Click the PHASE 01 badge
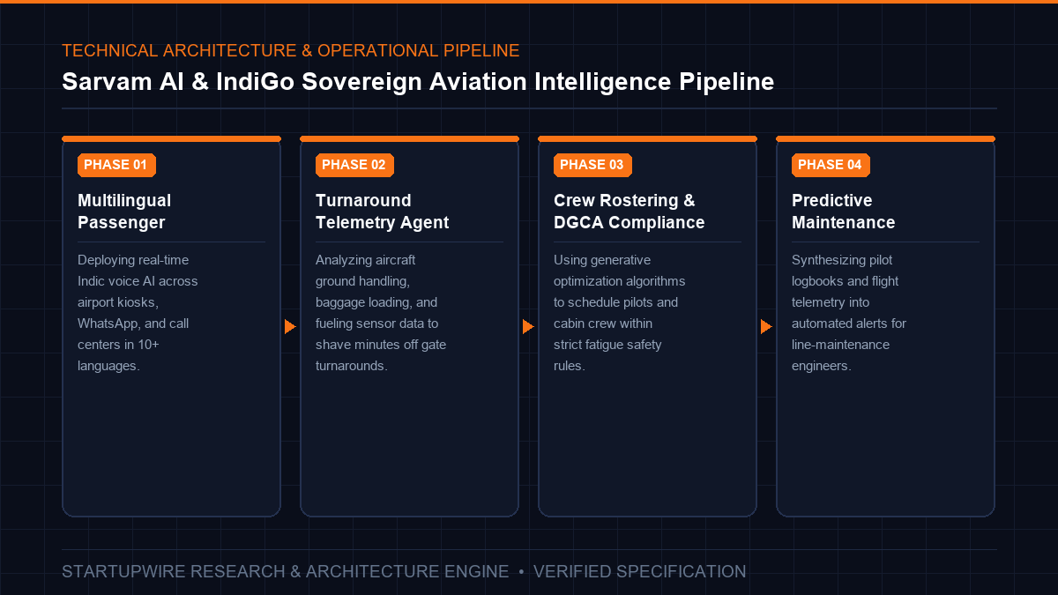click(x=116, y=165)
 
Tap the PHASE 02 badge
click(x=354, y=165)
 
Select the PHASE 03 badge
click(x=592, y=165)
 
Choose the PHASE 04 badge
click(x=831, y=165)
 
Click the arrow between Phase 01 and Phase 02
click(x=290, y=326)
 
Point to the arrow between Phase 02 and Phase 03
click(x=528, y=326)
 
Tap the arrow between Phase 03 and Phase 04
click(x=766, y=326)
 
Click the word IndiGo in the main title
click(x=255, y=82)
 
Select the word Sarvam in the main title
click(x=107, y=82)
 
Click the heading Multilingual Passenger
click(x=124, y=211)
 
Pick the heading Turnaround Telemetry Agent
click(x=382, y=211)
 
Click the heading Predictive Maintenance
click(x=843, y=211)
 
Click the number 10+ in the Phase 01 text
click(x=148, y=345)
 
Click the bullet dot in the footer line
click(x=521, y=572)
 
